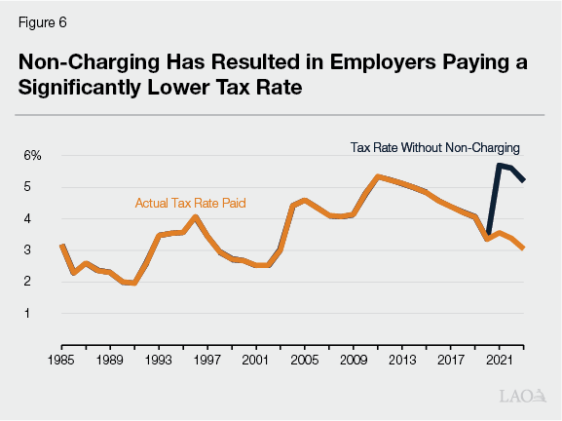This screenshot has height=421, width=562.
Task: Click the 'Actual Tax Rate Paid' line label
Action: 190,203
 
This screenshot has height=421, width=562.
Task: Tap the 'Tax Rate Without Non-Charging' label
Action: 434,148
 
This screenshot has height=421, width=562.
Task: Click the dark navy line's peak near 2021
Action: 499,165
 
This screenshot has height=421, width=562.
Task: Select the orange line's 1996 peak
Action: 195,216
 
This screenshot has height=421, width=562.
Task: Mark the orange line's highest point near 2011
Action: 377,176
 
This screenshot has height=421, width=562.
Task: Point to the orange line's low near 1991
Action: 133,284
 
